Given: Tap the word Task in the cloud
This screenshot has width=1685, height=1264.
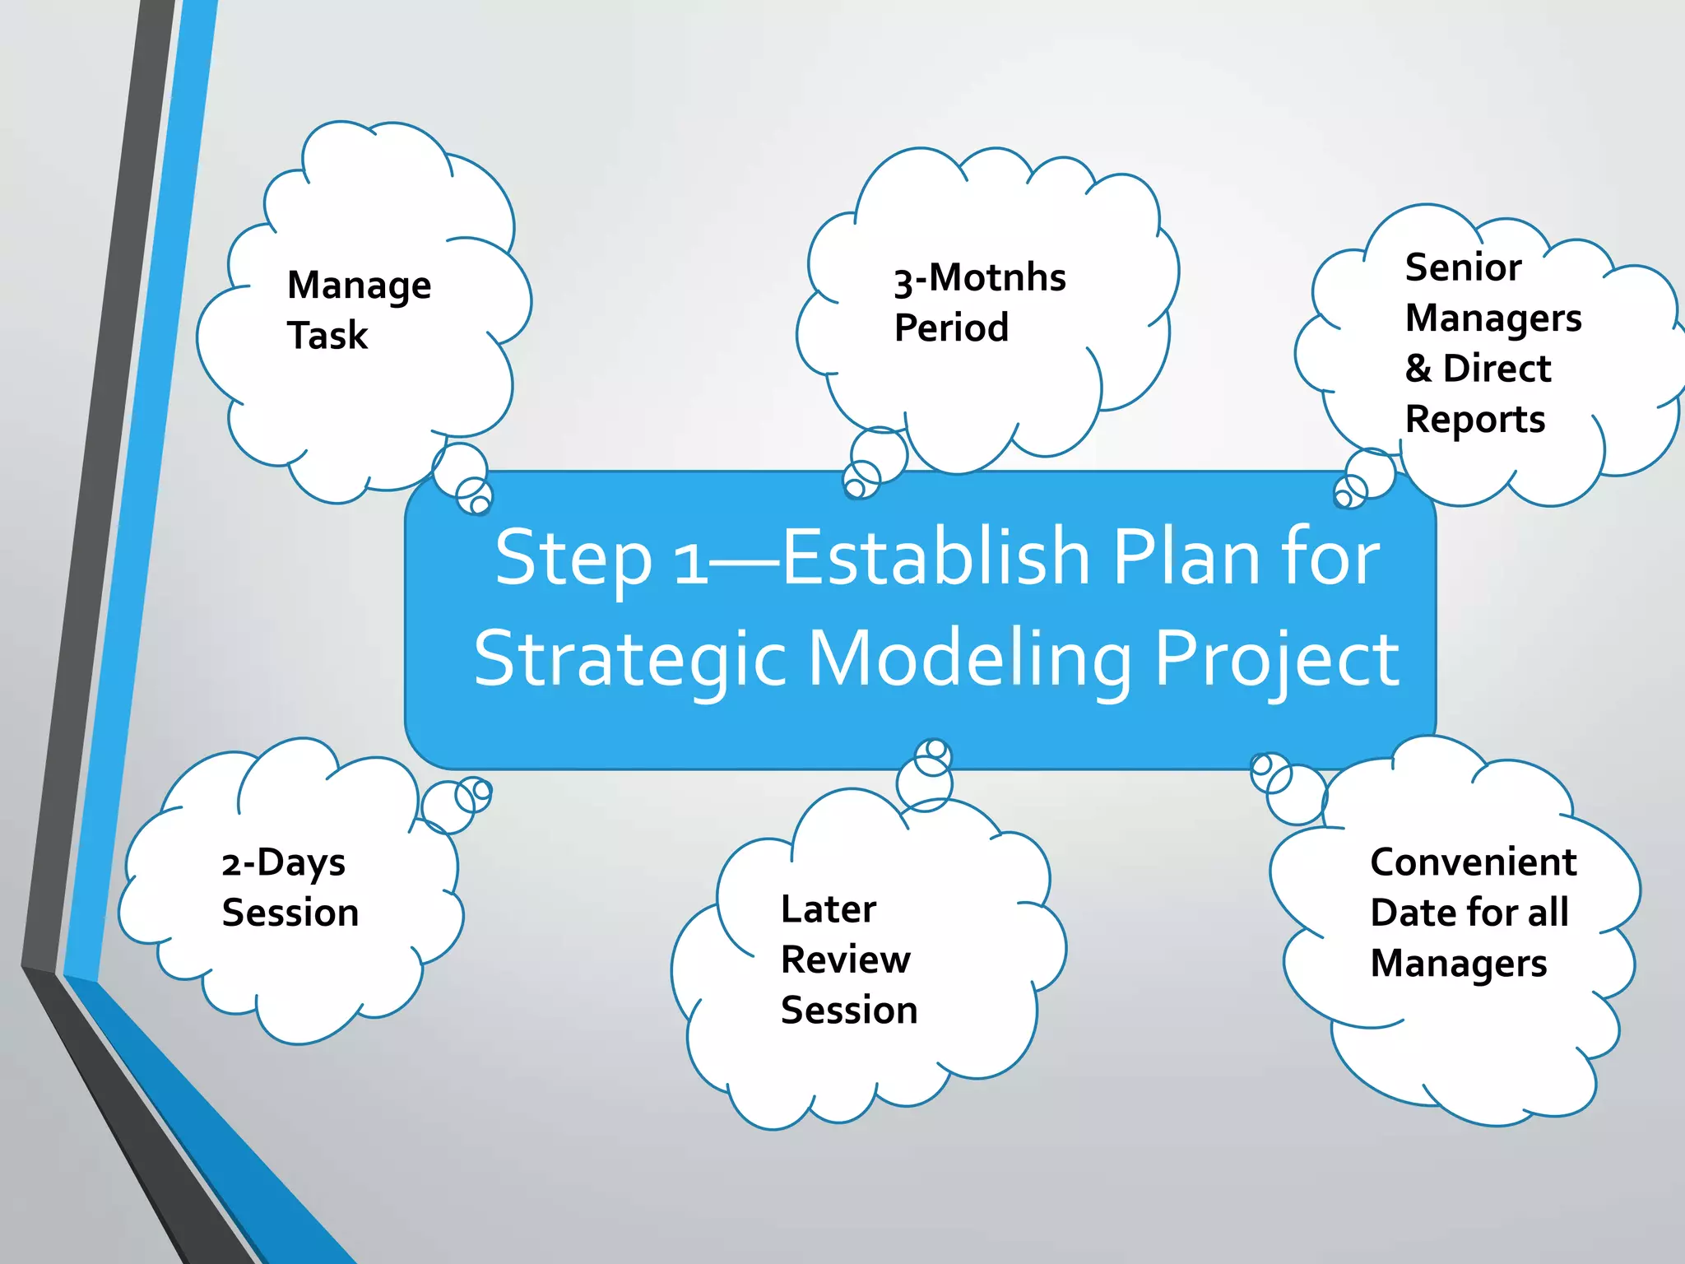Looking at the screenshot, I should [x=327, y=336].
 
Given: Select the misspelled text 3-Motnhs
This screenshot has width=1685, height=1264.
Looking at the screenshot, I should [x=980, y=278].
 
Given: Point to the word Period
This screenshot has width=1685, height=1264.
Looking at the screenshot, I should [x=951, y=328].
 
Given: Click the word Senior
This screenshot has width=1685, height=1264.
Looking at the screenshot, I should [x=1463, y=267].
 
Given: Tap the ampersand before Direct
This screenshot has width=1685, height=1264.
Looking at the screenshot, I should [x=1418, y=368].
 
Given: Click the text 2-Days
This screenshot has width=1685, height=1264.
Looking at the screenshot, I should [x=283, y=863].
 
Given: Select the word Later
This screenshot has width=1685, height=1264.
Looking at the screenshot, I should [x=829, y=909].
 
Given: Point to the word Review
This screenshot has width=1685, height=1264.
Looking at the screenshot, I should [x=845, y=960].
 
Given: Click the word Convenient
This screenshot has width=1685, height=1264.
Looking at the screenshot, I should [x=1473, y=862].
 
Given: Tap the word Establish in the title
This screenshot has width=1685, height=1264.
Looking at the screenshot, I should [x=935, y=557].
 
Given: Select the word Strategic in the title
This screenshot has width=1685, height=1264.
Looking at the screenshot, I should [x=631, y=659].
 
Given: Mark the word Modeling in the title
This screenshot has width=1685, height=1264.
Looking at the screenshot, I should [x=970, y=659].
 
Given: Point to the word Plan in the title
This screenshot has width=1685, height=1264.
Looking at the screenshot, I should [x=1186, y=557].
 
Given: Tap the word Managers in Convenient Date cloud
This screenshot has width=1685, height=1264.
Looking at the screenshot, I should [x=1458, y=964].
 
